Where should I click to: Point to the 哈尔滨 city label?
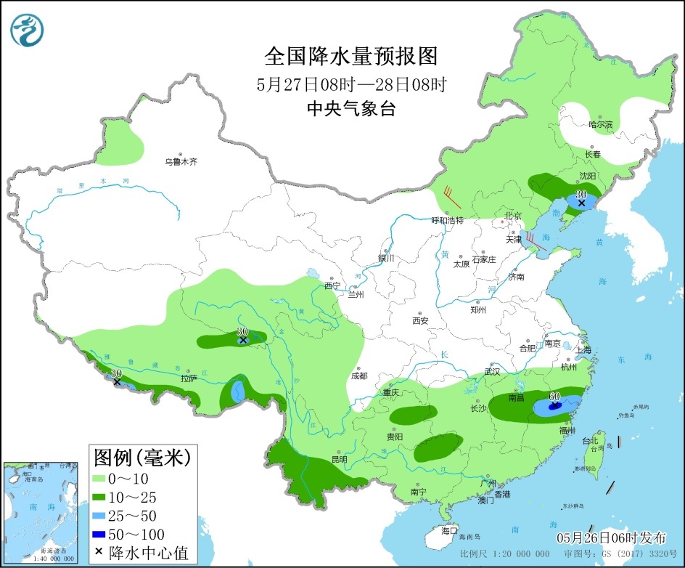coord(600,125)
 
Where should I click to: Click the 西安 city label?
coord(421,320)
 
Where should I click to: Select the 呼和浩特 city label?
coord(447,220)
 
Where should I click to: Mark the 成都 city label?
coord(358,376)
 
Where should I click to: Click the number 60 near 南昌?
coord(554,397)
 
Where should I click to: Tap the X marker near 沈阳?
coord(581,203)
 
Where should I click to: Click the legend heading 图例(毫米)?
coord(142,457)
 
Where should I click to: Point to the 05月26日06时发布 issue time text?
coord(611,538)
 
